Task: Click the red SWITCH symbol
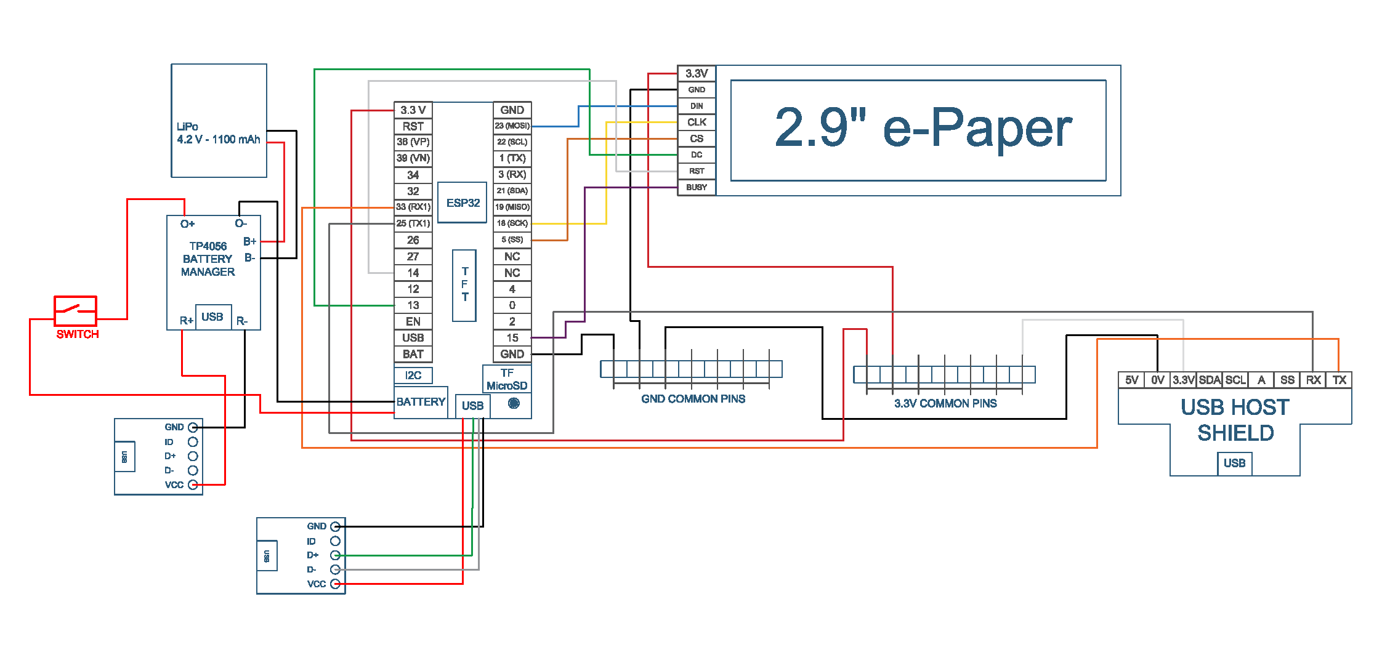pyautogui.click(x=75, y=311)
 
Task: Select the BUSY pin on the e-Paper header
pyautogui.click(x=697, y=187)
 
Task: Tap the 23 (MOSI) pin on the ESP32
pyautogui.click(x=512, y=126)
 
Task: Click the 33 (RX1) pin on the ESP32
pyautogui.click(x=413, y=207)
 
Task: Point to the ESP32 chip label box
pyautogui.click(x=463, y=203)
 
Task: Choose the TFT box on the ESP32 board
pyautogui.click(x=464, y=285)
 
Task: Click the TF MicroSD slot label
pyautogui.click(x=507, y=379)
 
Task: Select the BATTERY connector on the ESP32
pyautogui.click(x=421, y=402)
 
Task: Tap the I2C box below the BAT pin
pyautogui.click(x=413, y=375)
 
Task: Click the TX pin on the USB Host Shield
pyautogui.click(x=1339, y=380)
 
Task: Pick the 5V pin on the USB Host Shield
pyautogui.click(x=1131, y=380)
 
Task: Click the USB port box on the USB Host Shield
pyautogui.click(x=1234, y=463)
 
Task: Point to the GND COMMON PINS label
pyautogui.click(x=693, y=399)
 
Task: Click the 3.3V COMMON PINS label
pyautogui.click(x=945, y=403)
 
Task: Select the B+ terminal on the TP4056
pyautogui.click(x=249, y=241)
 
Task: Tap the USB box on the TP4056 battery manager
pyautogui.click(x=212, y=317)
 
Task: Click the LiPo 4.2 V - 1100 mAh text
pyautogui.click(x=218, y=133)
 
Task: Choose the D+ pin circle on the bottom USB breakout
pyautogui.click(x=335, y=555)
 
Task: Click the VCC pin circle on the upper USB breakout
pyautogui.click(x=193, y=484)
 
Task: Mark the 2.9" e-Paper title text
pyautogui.click(x=923, y=128)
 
